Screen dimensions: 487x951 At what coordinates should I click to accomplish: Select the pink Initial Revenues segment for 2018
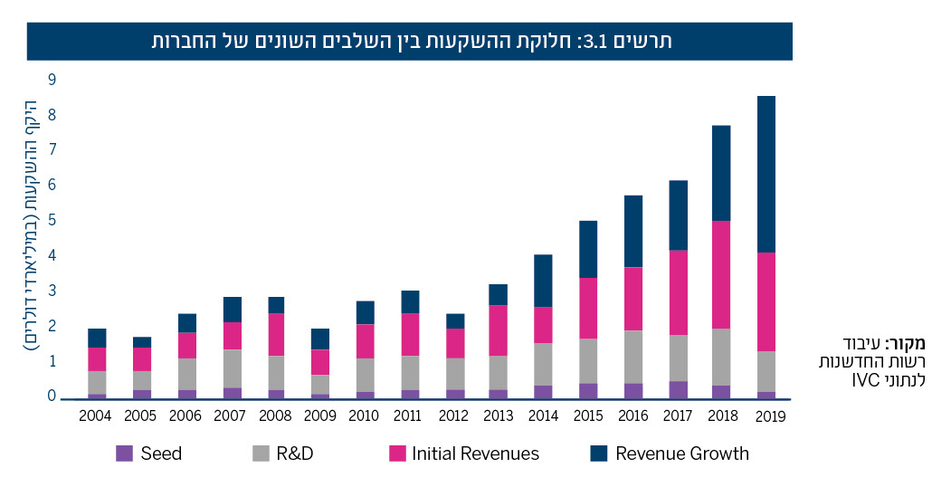pos(720,274)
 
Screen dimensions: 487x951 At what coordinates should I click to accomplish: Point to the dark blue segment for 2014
pos(542,281)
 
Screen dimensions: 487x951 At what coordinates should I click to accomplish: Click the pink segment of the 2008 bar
pos(275,334)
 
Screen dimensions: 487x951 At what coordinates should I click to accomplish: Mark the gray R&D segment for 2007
pos(232,368)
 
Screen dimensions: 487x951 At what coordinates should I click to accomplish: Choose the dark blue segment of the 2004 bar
pos(97,338)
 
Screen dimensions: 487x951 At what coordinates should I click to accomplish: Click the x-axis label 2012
pos(454,415)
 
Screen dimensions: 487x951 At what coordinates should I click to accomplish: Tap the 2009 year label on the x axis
pos(320,415)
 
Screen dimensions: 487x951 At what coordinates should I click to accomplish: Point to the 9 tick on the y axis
pos(52,80)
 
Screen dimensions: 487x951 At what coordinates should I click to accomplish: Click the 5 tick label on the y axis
pos(52,220)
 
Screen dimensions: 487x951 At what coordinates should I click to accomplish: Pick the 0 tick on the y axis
pos(52,396)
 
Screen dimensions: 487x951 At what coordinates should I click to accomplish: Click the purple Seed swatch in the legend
pos(124,454)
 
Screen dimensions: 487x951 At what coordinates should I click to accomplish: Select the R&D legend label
pos(295,454)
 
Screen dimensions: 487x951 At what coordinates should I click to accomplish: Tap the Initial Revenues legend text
pos(475,454)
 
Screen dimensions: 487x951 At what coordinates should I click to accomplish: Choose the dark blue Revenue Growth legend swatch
pos(599,454)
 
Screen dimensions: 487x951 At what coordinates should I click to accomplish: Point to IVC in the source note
pos(863,379)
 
